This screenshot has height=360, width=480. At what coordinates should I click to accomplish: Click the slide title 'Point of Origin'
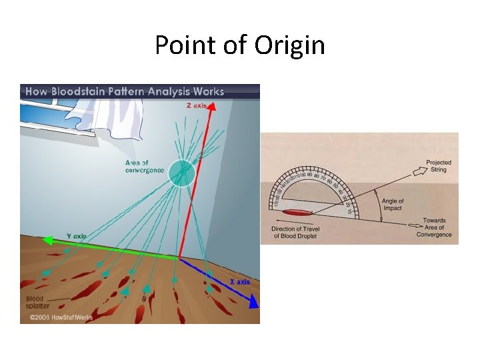240,45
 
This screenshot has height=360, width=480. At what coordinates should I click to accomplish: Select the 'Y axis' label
77,235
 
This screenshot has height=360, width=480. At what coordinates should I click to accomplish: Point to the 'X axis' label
239,282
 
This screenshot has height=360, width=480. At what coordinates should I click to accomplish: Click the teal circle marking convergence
181,173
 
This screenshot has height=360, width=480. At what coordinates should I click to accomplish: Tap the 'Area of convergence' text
145,166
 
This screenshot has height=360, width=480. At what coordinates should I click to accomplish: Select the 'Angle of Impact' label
393,204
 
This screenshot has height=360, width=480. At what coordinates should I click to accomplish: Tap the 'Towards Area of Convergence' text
434,227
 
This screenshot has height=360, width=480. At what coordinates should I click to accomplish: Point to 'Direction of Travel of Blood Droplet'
302,233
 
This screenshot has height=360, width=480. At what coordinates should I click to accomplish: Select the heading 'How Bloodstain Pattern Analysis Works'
125,91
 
